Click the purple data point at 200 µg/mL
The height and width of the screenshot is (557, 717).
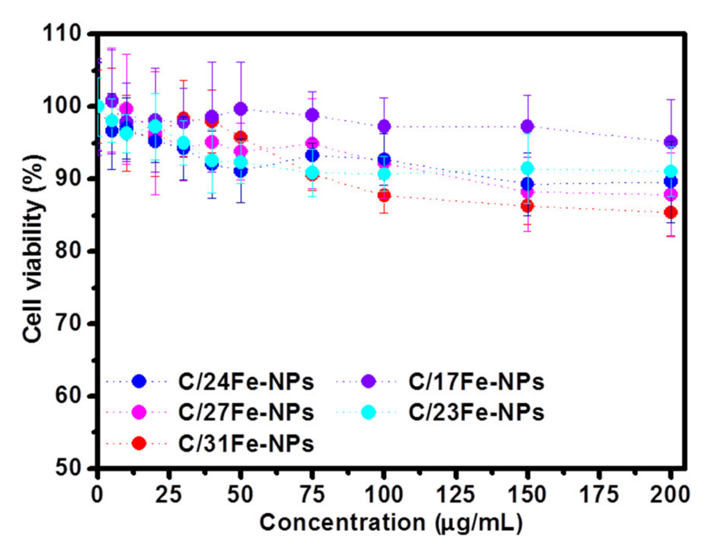[x=670, y=142]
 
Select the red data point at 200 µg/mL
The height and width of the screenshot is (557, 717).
[x=670, y=212]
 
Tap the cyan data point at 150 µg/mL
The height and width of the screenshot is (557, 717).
[x=528, y=168]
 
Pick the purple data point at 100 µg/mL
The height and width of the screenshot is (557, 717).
[x=384, y=126]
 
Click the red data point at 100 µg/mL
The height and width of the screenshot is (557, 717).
[x=384, y=196]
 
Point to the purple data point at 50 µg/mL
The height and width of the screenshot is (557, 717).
[x=240, y=109]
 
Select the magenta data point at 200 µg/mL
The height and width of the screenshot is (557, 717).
[x=670, y=194]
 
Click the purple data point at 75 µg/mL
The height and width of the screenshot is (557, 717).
[x=312, y=115]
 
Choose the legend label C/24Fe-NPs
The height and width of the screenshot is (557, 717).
[x=246, y=382]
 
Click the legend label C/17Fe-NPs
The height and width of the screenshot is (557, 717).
[x=476, y=382]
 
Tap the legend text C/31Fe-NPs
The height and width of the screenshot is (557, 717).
[x=246, y=444]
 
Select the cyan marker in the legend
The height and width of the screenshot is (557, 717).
[x=368, y=412]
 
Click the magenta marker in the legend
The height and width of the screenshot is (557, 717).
[x=138, y=412]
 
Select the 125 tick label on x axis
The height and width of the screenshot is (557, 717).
[x=456, y=494]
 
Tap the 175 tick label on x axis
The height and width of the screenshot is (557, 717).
[x=599, y=494]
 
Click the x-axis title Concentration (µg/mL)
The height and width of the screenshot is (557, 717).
[x=391, y=523]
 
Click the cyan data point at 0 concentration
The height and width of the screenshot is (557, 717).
[x=99, y=107]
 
